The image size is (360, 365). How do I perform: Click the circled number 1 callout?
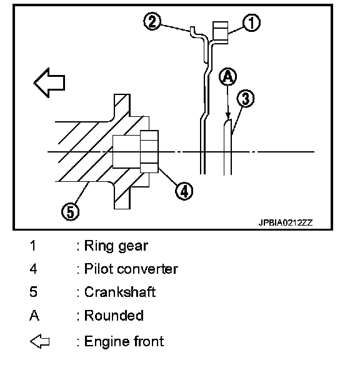point(251,22)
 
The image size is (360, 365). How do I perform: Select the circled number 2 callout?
point(152,21)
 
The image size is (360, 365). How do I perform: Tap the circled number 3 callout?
point(246,99)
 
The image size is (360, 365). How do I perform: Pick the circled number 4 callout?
point(184,191)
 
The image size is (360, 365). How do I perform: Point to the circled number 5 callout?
point(70,212)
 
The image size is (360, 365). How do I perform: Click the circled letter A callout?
point(228,77)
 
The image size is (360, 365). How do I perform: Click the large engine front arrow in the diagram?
point(49,82)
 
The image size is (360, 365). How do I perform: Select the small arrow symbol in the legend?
point(40,341)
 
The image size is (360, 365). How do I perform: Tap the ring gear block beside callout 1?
point(221,32)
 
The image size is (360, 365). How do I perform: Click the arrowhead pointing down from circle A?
point(228,116)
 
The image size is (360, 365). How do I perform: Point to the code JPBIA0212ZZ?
point(286,222)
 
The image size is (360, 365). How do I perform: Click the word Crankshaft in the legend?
point(120,292)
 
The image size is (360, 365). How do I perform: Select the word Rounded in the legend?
point(114,316)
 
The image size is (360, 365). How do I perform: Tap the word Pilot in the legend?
point(98,269)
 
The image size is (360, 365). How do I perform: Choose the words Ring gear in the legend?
point(116,246)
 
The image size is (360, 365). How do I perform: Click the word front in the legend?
point(149,341)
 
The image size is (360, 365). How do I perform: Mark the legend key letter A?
point(34,316)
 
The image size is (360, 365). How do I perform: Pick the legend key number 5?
point(33,292)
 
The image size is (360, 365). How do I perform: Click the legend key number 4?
point(33,269)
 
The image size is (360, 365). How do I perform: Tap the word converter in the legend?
point(147,269)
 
